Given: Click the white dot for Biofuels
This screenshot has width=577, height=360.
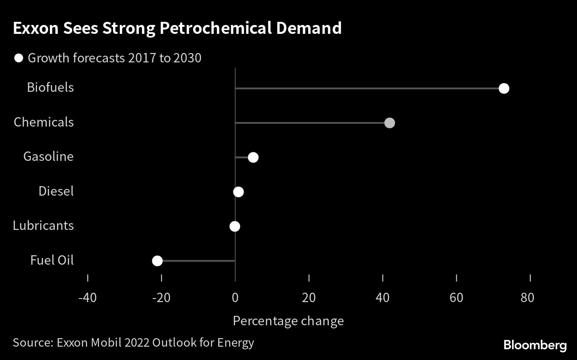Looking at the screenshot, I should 504,88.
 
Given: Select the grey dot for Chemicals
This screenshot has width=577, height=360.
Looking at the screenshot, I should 390,123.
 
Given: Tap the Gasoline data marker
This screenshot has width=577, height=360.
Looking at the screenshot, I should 253,157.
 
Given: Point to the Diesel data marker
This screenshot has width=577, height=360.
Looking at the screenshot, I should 238,192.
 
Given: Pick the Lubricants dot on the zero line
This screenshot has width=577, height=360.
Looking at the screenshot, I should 235,226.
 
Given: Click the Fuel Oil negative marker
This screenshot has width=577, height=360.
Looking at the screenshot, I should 157,261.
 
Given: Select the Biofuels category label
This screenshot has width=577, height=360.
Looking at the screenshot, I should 50,87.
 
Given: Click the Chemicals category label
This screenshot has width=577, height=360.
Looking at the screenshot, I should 44,122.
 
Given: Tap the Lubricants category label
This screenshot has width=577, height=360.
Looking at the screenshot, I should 43,225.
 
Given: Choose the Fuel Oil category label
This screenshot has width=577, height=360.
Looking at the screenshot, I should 52,260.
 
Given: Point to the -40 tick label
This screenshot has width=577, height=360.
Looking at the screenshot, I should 87,298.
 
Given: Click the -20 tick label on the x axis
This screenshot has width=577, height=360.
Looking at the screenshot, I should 161,298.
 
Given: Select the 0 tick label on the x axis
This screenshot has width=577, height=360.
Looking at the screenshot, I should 235,298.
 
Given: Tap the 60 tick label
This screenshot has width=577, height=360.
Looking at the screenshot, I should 456,298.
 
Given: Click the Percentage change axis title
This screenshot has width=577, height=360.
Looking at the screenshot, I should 288,321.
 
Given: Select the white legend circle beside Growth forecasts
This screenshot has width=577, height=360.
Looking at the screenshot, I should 19,58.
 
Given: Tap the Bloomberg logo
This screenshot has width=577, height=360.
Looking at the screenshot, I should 535,345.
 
